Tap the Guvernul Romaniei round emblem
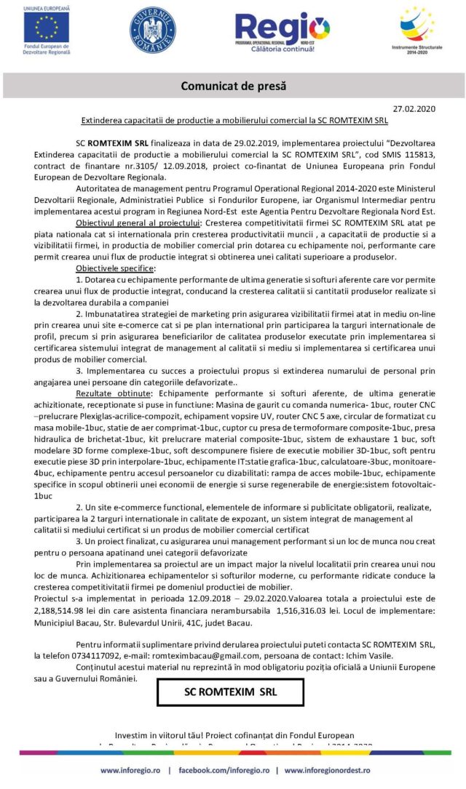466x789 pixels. coord(152,30)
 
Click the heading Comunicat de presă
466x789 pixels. coord(233,86)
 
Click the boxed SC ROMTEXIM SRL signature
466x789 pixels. coord(230,691)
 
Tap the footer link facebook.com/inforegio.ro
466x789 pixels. coord(225,770)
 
